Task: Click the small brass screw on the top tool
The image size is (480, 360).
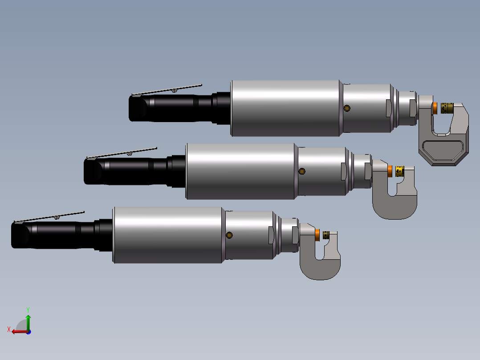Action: (347, 108)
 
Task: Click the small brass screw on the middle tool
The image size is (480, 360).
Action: (302, 172)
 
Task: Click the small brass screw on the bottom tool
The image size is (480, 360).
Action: (229, 235)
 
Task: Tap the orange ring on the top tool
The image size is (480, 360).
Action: (435, 108)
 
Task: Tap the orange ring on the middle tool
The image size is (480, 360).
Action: (390, 171)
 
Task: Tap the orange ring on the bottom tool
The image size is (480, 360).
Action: (317, 234)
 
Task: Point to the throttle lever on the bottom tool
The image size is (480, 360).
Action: (49, 217)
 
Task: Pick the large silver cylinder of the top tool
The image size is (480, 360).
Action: (285, 108)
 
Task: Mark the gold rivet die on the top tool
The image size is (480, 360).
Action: (447, 108)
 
